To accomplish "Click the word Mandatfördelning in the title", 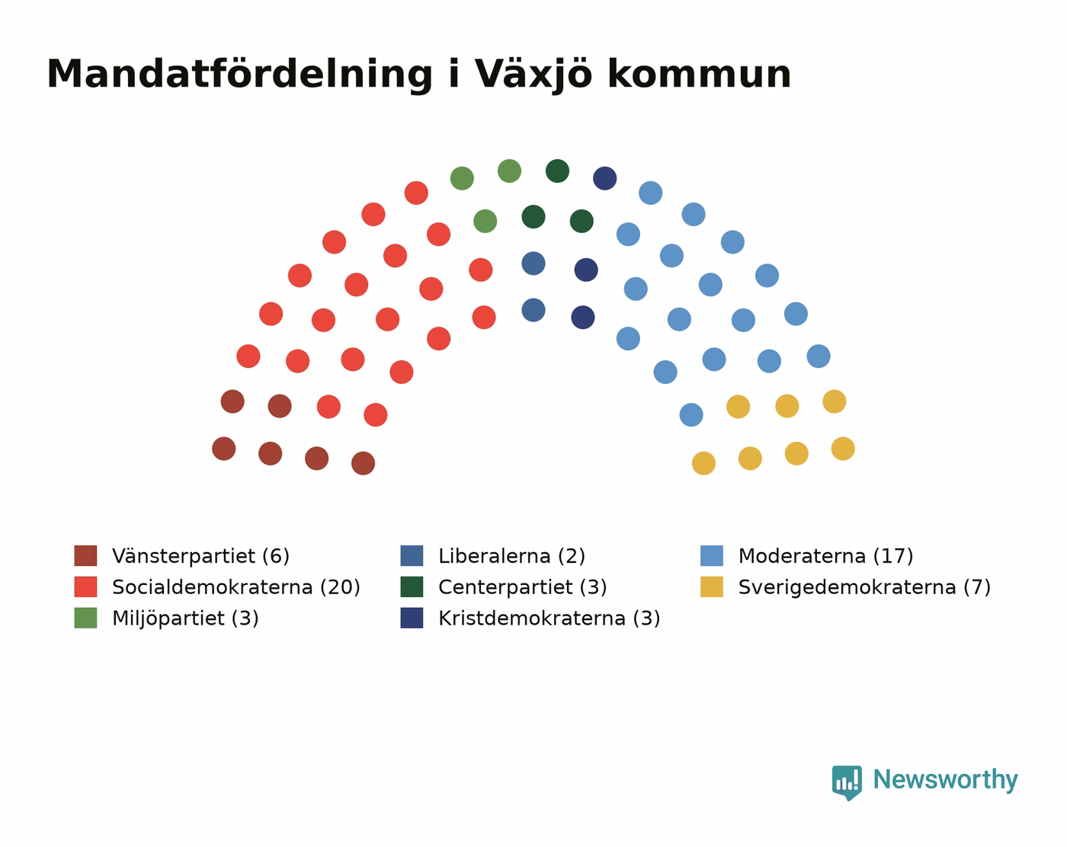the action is point(240,75).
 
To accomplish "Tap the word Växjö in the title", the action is point(533,75).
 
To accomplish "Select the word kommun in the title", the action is point(699,75).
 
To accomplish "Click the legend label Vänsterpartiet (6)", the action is point(200,556).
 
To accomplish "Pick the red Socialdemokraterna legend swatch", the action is point(86,587).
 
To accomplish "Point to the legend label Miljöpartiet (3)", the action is point(185,618).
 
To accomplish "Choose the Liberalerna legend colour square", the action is point(412,555).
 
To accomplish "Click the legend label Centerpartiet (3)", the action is point(523,587).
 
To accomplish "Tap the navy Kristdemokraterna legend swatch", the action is point(412,618).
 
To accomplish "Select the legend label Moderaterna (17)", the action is point(825,556).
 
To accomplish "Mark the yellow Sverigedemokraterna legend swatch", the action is point(712,587).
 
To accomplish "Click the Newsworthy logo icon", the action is point(847,782).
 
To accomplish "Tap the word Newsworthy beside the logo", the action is point(945,780).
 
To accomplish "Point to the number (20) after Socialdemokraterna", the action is point(340,587).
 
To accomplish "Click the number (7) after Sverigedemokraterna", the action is point(977,587).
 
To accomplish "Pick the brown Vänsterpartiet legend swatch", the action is point(86,555).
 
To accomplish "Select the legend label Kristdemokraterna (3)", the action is point(550,618).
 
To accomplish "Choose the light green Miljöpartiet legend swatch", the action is point(86,618).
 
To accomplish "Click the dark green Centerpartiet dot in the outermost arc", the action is point(557,171).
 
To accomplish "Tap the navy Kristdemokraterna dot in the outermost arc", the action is point(605,178).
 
